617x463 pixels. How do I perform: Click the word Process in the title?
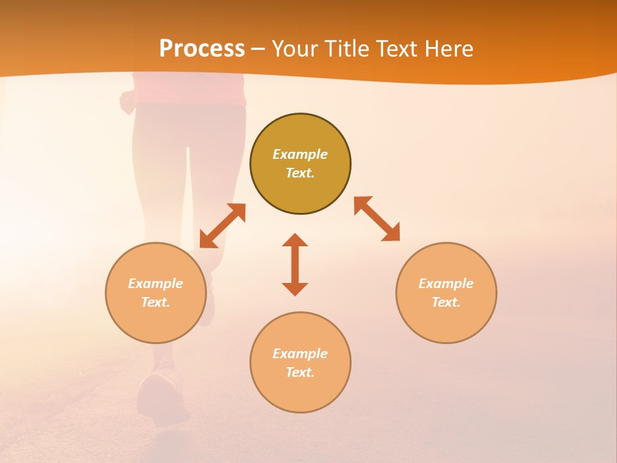[202, 49]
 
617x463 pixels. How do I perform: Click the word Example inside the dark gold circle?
[300, 154]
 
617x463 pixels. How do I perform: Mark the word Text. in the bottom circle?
[300, 372]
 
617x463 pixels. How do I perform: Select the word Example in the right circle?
[446, 284]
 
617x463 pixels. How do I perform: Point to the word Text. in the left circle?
[156, 302]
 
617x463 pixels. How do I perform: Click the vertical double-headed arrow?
[295, 264]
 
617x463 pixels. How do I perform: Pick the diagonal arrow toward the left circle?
[222, 226]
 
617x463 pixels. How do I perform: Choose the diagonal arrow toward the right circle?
[377, 219]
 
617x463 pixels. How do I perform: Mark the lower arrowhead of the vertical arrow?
[295, 289]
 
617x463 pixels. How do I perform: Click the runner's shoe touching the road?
[161, 392]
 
